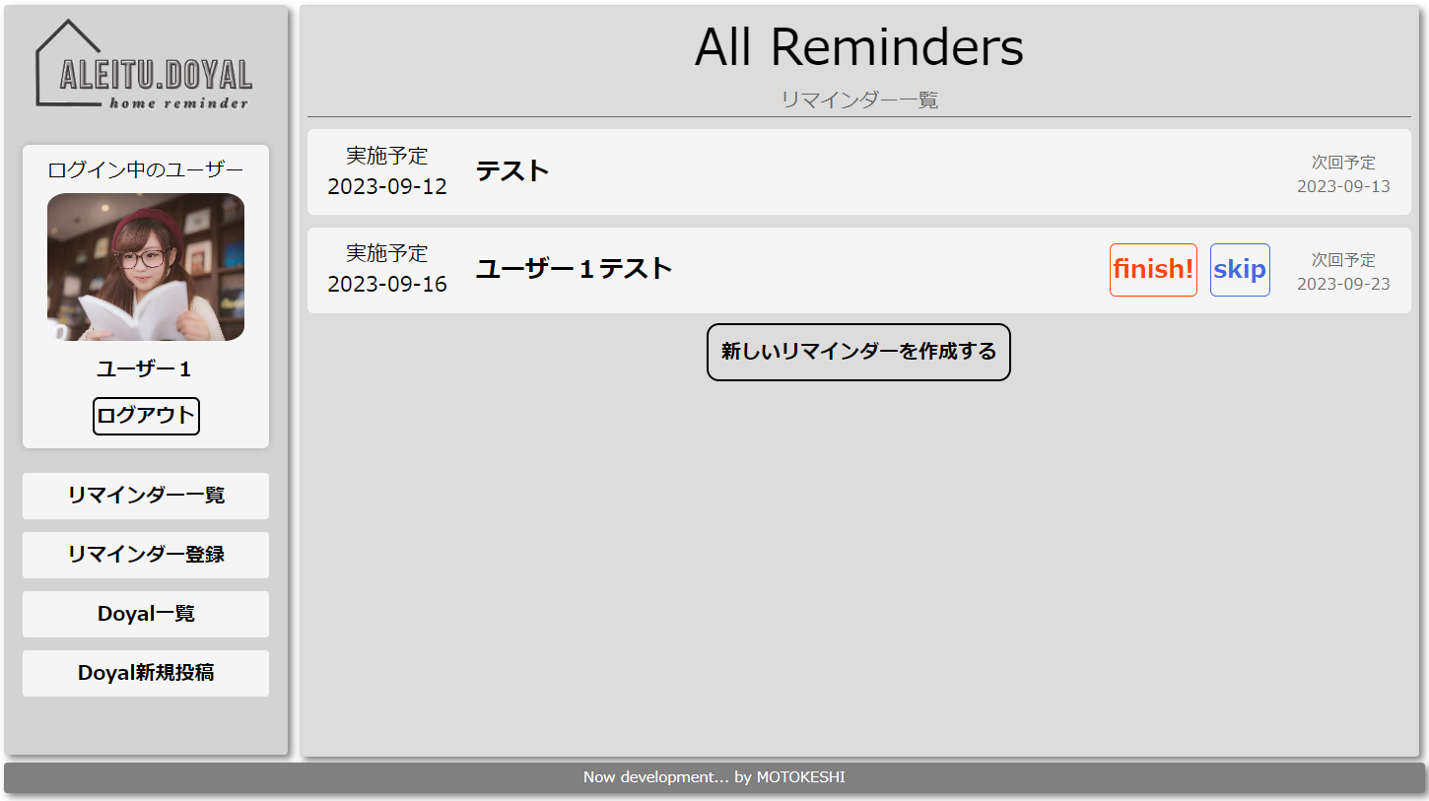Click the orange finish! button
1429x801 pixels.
[x=1153, y=270]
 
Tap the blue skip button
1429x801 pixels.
[x=1240, y=270]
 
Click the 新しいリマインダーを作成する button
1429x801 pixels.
[x=858, y=352]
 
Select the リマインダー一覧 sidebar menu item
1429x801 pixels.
[x=146, y=496]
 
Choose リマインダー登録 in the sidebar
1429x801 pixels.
[x=146, y=555]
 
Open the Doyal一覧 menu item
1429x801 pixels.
[x=146, y=614]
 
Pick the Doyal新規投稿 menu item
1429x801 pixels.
[x=146, y=673]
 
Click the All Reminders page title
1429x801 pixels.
[x=858, y=47]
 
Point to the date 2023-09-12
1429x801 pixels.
[x=387, y=187]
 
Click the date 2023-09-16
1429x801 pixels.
[x=387, y=285]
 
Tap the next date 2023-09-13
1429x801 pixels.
[x=1343, y=186]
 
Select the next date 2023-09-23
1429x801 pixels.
[x=1343, y=284]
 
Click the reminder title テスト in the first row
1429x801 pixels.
[x=512, y=171]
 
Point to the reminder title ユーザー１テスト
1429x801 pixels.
[x=575, y=269]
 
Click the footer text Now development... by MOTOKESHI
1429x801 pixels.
[x=714, y=777]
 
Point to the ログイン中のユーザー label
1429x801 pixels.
[x=146, y=169]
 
